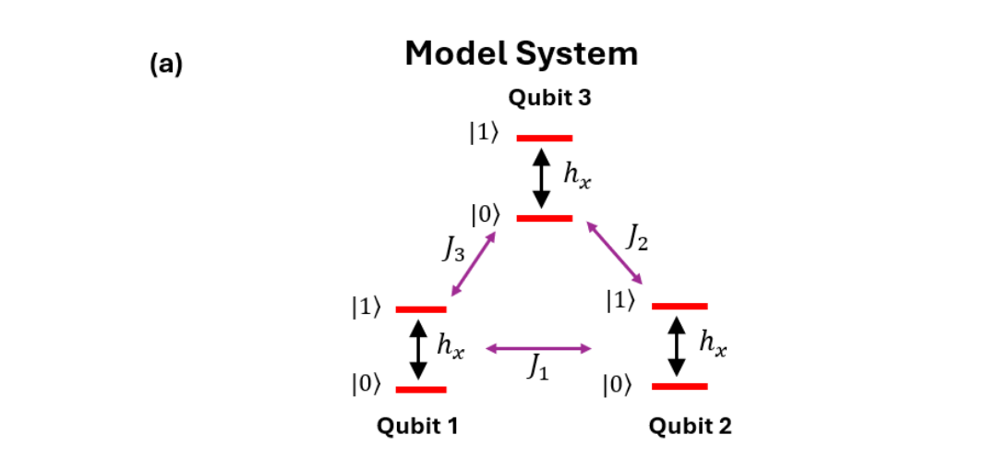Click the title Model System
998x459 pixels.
(522, 54)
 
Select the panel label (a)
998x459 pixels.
(166, 65)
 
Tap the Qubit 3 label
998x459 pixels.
(543, 98)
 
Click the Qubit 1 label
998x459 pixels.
(417, 426)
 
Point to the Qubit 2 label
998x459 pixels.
(690, 426)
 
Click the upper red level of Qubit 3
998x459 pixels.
(545, 138)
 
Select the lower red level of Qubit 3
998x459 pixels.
(545, 218)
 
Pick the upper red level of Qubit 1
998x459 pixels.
(421, 308)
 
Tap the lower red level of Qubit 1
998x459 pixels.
(421, 389)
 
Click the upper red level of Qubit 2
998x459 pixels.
(679, 306)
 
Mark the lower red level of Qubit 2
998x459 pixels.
(679, 386)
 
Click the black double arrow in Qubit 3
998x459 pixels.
(542, 178)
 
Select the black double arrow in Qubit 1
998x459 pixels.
(418, 349)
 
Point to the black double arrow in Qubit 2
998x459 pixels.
(678, 346)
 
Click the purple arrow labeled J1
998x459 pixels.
(538, 348)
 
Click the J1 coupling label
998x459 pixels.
(538, 368)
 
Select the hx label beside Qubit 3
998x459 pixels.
(577, 175)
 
